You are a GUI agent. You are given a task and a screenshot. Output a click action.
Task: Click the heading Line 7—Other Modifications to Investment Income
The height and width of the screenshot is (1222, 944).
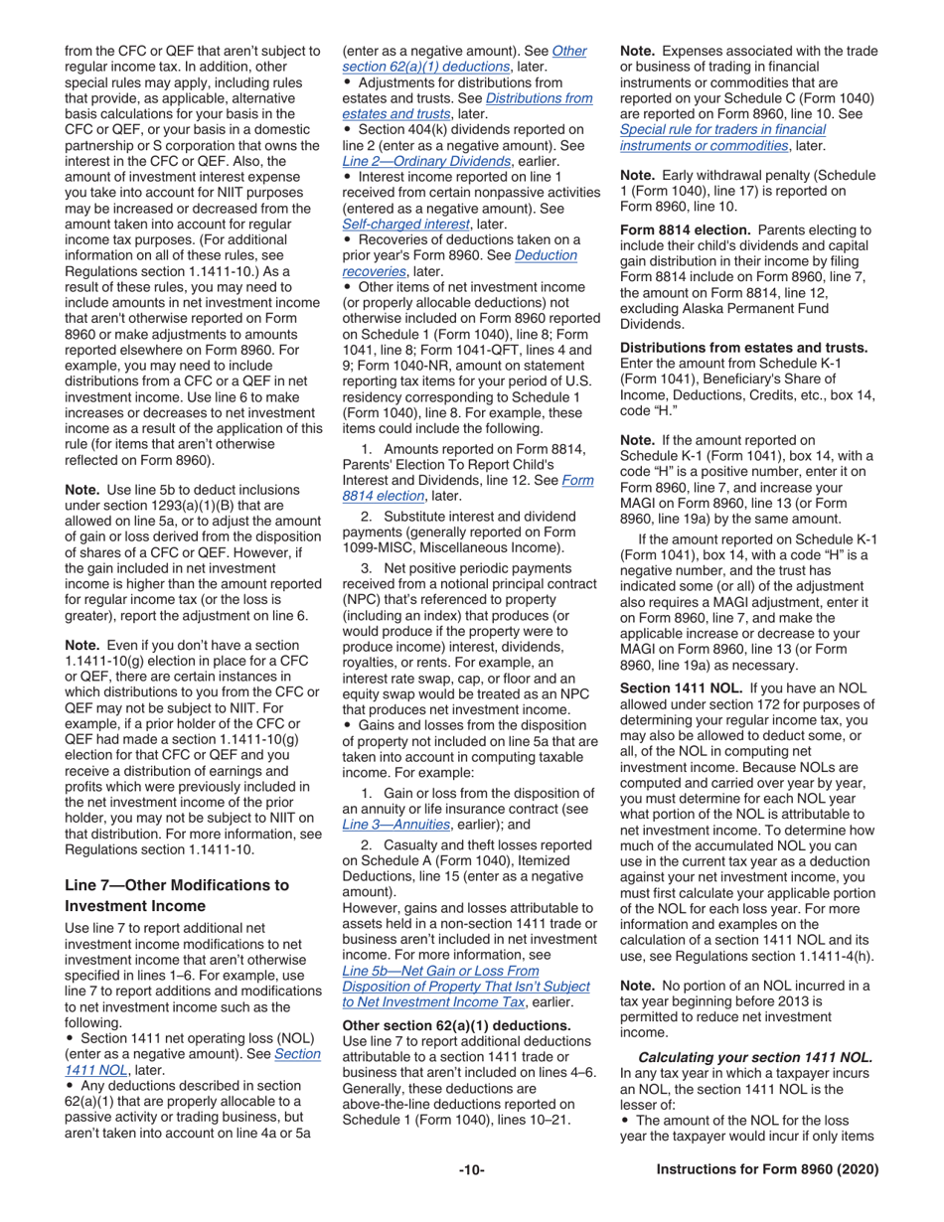177,895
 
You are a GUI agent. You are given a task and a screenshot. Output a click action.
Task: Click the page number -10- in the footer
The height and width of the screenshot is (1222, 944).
471,1170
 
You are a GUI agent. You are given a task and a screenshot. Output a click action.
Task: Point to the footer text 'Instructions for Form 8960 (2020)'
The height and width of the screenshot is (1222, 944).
767,1170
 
